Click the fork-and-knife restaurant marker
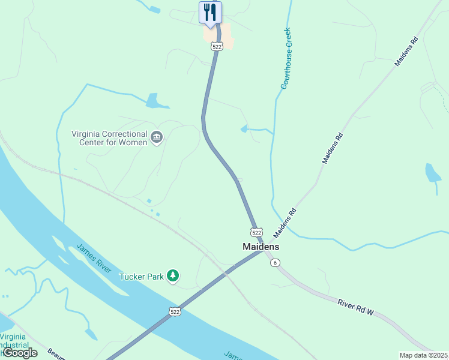210,13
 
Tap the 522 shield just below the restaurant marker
217,46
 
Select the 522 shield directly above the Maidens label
256,232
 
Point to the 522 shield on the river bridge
175,311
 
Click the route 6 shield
275,263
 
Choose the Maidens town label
261,247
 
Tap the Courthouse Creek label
286,59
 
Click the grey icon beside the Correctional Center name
157,138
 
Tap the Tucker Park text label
142,277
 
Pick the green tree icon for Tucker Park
173,276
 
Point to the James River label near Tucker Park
94,258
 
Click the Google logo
20,353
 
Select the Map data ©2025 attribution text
423,355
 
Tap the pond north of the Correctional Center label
156,101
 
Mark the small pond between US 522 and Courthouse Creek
244,128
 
